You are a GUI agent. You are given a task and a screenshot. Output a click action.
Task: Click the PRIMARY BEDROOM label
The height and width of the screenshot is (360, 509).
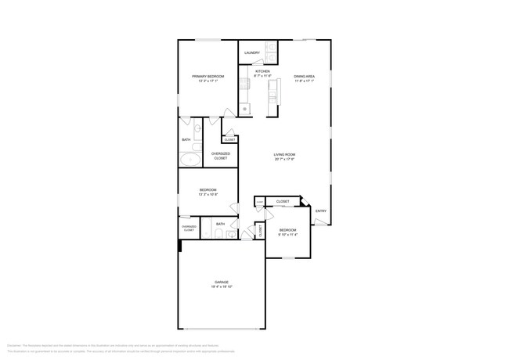coord(208,76)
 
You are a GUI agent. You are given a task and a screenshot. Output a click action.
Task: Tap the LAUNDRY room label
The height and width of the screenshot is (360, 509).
coord(251,52)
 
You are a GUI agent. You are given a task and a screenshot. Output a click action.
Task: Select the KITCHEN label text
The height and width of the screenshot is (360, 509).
coord(262,71)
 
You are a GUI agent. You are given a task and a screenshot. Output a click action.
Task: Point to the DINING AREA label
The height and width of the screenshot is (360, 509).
coord(304,76)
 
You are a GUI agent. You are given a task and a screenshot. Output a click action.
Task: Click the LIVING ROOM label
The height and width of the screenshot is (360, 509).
coord(283,154)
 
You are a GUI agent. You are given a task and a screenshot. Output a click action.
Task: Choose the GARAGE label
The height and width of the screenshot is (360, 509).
coord(222,282)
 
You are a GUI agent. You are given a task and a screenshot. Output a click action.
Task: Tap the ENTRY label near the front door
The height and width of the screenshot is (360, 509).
coord(320,211)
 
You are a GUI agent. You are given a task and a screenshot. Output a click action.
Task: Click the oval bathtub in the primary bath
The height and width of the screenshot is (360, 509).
coord(190,160)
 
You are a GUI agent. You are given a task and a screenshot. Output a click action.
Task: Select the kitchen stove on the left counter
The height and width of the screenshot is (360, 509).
coord(244,81)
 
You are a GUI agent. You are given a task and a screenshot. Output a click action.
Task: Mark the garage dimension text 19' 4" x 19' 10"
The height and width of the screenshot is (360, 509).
coord(222,287)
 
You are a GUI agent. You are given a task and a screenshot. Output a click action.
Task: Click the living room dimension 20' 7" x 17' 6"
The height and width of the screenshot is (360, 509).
coord(283,160)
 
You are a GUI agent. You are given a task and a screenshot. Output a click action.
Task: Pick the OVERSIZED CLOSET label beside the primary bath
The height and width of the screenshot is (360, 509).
coord(220,156)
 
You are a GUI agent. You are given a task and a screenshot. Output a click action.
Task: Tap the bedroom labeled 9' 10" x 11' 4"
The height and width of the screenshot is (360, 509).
coord(287,232)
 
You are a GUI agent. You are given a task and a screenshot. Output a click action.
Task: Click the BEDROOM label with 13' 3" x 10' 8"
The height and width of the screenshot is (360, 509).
coord(208,190)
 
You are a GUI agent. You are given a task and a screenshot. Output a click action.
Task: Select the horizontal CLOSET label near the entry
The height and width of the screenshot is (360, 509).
coord(282,201)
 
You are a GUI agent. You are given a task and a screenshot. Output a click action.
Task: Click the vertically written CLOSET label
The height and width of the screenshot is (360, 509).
coord(260,231)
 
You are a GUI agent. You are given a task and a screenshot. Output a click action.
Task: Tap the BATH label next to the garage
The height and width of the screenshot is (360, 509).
coord(220,224)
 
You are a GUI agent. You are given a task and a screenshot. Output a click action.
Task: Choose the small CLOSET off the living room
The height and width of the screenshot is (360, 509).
coord(229,139)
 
